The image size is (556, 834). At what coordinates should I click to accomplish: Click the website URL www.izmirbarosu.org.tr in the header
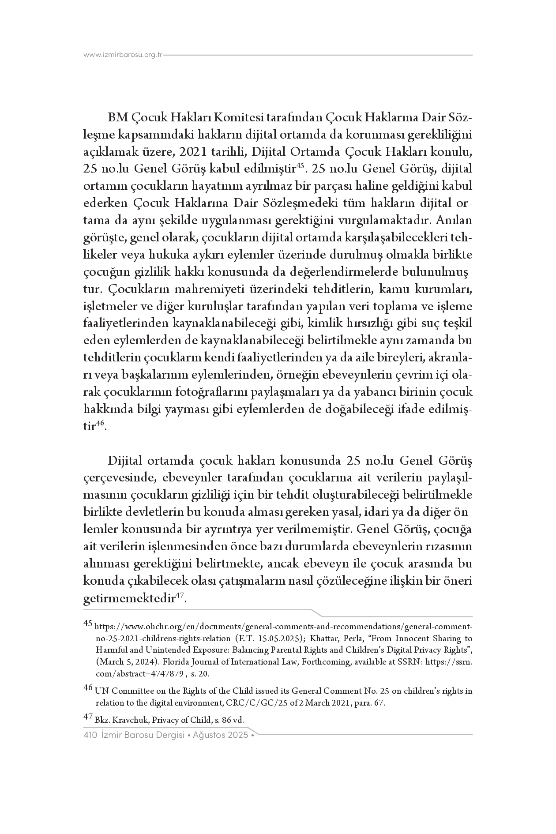[x=123, y=55]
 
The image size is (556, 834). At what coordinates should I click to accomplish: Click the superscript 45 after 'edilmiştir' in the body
[x=300, y=165]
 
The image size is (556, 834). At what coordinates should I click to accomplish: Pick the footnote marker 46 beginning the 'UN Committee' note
[x=88, y=688]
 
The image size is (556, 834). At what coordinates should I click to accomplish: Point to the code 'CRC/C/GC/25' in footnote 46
[x=290, y=703]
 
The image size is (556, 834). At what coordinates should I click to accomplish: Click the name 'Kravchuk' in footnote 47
[x=133, y=720]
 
